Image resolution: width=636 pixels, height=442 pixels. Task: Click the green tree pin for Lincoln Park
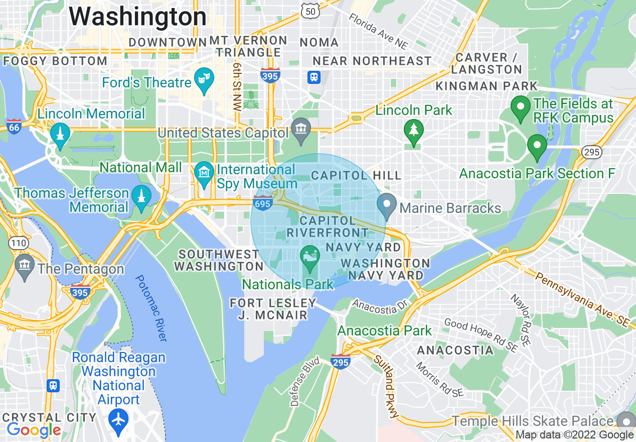(414, 132)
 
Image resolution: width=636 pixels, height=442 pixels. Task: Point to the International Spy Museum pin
(204, 174)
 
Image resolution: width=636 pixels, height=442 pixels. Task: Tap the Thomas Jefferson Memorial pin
(141, 197)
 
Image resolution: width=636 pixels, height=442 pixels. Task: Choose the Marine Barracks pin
(387, 206)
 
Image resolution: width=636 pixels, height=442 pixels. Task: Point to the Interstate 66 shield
(14, 127)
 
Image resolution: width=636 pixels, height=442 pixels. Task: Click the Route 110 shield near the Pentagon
(18, 243)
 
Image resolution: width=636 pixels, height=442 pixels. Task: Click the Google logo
(34, 430)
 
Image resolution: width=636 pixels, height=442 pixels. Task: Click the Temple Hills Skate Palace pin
(626, 421)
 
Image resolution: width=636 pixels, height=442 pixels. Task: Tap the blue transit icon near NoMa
(314, 77)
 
